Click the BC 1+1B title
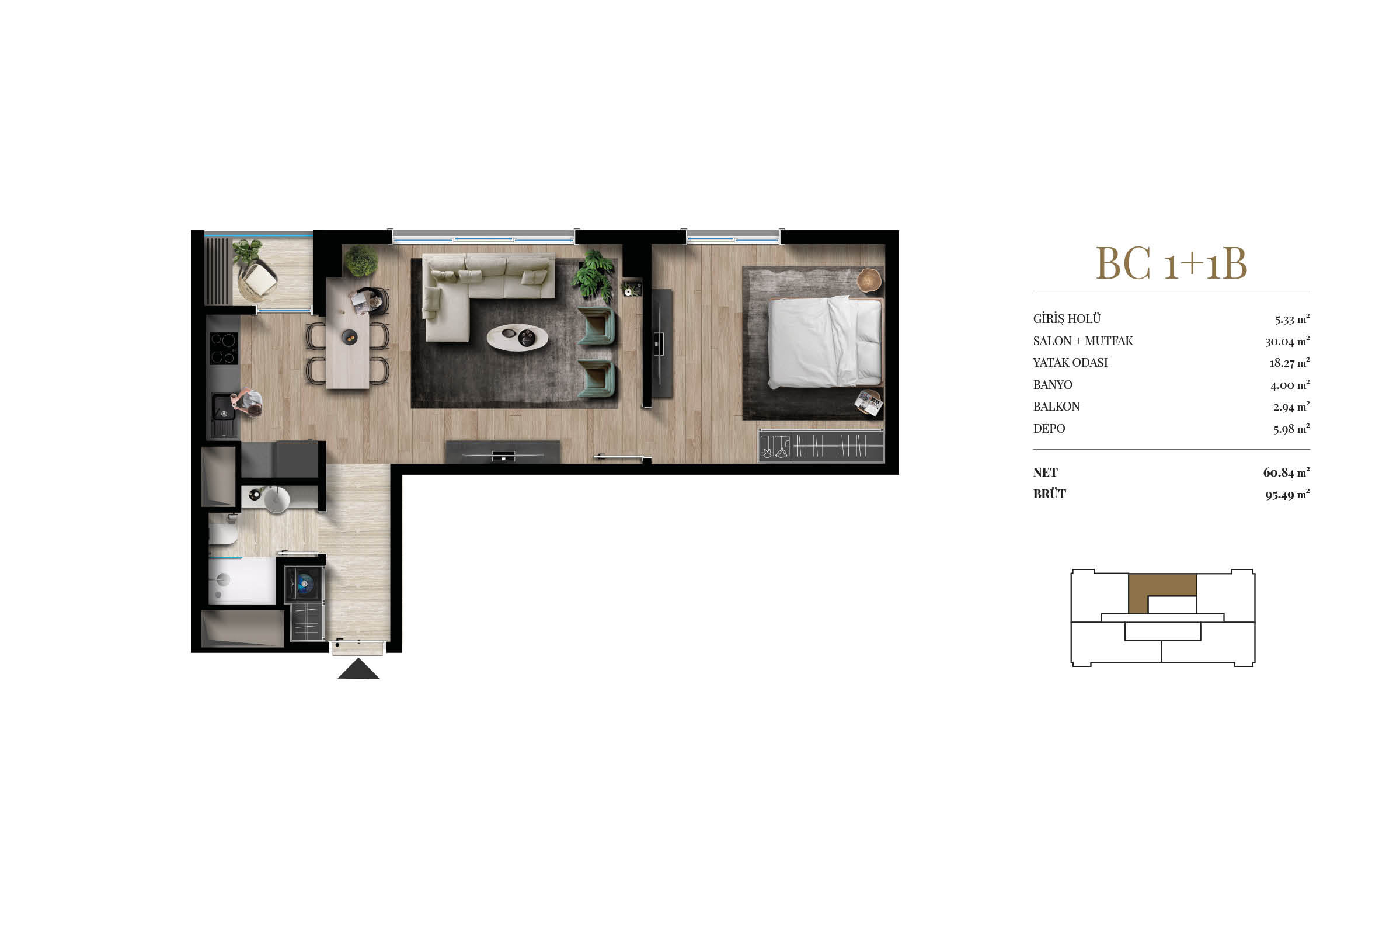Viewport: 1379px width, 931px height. [x=1171, y=262]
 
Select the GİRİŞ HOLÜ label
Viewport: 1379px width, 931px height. [x=1066, y=319]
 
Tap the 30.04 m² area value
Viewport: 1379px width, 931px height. [x=1287, y=341]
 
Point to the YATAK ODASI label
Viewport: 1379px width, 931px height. [x=1070, y=363]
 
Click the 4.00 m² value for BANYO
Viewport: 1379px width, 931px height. [x=1290, y=385]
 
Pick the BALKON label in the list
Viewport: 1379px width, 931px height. [x=1056, y=407]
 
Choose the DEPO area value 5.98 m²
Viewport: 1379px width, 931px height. [x=1291, y=429]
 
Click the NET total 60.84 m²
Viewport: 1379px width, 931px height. [x=1286, y=473]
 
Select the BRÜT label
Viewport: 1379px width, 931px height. [x=1049, y=494]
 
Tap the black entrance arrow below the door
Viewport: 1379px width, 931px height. [x=358, y=669]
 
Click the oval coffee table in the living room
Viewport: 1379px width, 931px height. [x=517, y=337]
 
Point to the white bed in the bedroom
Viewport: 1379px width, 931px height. [x=825, y=342]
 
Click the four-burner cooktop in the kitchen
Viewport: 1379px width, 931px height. [x=224, y=348]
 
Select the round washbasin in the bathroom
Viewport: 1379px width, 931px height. [x=276, y=499]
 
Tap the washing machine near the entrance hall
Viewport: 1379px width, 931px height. [x=304, y=583]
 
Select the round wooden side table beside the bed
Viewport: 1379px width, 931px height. [x=869, y=280]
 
